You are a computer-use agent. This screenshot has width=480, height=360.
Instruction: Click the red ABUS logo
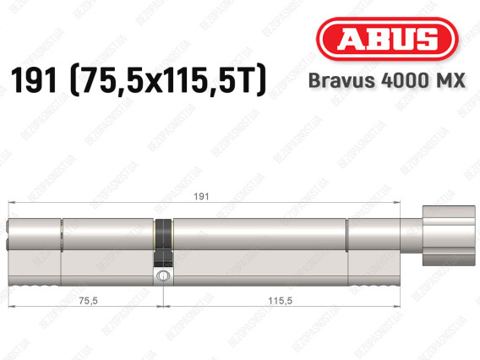387,39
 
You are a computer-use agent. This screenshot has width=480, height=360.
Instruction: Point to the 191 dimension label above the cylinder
201,197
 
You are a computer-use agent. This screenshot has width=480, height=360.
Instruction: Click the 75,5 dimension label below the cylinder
88,301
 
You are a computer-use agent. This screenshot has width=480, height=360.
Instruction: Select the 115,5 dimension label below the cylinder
280,301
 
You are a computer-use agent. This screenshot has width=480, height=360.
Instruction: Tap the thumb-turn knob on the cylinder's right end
449,236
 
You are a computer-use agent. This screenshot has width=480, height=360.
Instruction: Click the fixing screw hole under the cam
162,275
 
